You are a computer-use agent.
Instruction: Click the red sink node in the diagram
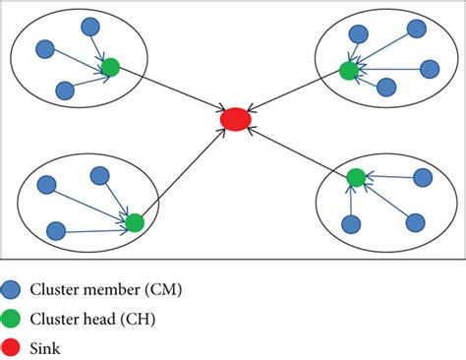click(236, 119)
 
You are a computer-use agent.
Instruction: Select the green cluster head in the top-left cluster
click(110, 67)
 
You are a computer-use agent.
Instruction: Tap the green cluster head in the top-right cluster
click(349, 71)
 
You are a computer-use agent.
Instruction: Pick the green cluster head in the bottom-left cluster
click(135, 222)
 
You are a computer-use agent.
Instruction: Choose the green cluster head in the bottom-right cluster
click(356, 178)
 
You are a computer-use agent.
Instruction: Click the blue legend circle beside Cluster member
click(11, 289)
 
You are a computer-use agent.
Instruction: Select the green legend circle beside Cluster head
click(11, 319)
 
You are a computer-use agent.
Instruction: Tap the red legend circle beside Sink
click(11, 348)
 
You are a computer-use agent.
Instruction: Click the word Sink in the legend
click(45, 348)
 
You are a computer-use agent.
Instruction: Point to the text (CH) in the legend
click(138, 319)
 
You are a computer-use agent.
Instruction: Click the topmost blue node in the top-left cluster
click(90, 27)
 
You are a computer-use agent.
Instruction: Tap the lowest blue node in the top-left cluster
click(65, 90)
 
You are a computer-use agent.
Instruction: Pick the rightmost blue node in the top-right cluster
click(430, 69)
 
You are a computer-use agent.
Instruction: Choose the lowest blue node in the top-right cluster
click(386, 88)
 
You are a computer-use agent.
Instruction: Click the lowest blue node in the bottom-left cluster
click(56, 231)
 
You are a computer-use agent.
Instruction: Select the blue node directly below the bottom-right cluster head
click(351, 224)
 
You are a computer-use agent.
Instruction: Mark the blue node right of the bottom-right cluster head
click(423, 178)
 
